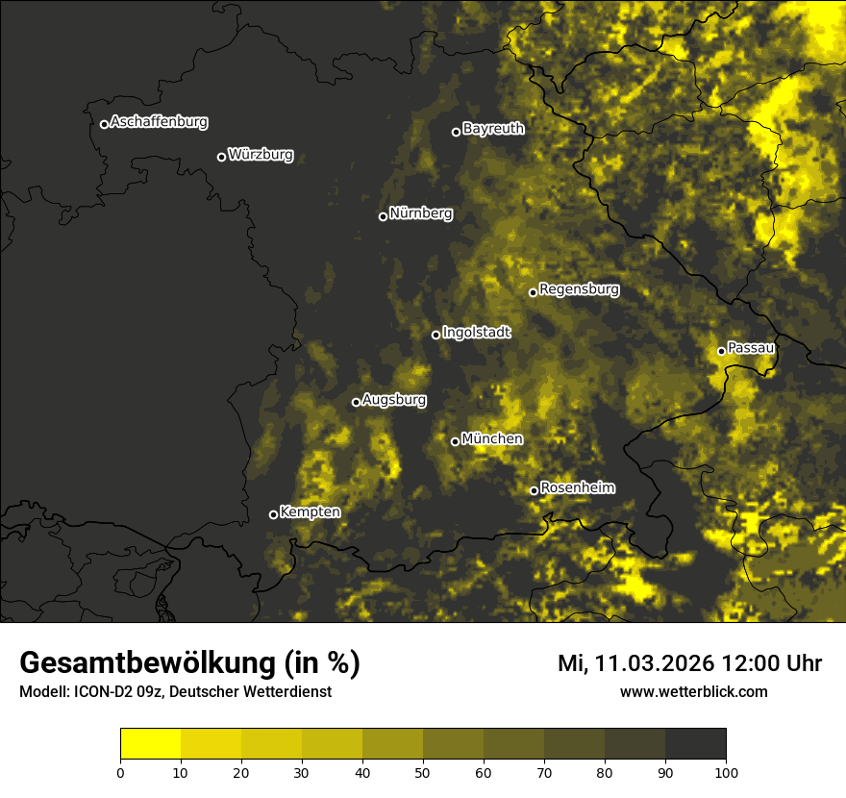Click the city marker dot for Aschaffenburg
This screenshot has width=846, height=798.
[104, 124]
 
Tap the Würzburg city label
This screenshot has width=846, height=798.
[261, 155]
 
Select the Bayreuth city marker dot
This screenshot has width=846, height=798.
[456, 132]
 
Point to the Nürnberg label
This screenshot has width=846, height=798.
[420, 213]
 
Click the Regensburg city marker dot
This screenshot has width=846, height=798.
[533, 292]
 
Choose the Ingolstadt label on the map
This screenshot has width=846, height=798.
[477, 333]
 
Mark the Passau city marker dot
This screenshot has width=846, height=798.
[721, 351]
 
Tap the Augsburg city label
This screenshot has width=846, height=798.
[394, 400]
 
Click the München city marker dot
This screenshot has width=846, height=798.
[455, 441]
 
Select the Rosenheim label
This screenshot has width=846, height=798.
[577, 488]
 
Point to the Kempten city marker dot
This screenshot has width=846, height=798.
[273, 514]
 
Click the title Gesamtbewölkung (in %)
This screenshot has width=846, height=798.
[189, 663]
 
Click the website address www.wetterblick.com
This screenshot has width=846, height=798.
[693, 691]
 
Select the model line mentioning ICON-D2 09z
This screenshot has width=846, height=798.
[175, 692]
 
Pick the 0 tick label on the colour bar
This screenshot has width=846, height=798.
[120, 772]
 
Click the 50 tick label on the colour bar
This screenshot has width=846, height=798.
[423, 772]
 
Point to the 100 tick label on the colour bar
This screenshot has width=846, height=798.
[726, 772]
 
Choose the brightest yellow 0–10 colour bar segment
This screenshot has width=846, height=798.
[151, 744]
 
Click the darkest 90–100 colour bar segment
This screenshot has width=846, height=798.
[695, 744]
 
